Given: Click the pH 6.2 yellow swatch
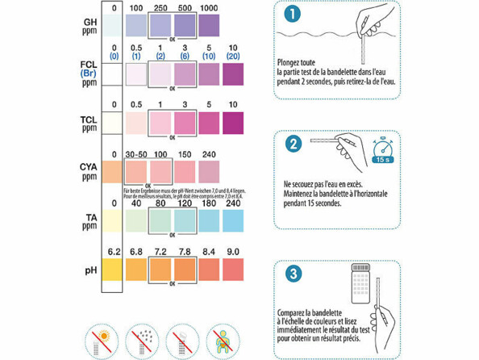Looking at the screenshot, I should tap(114, 266).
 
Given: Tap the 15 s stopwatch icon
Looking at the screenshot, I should tap(382, 149).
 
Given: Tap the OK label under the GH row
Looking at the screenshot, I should tap(173, 40).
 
